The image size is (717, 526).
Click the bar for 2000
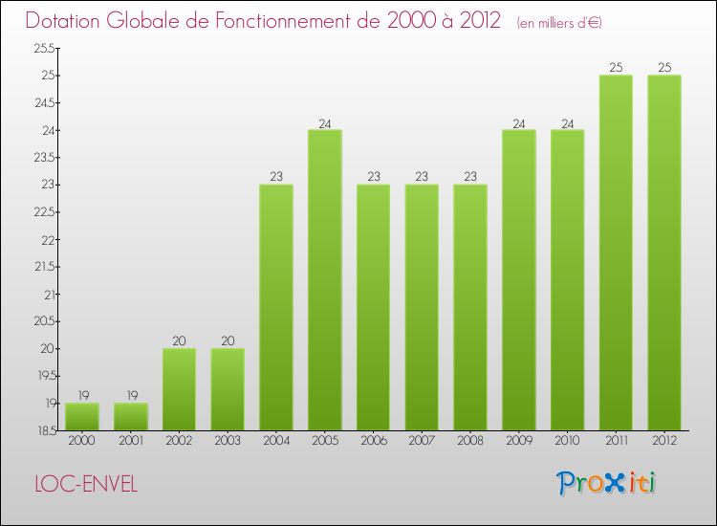click(82, 416)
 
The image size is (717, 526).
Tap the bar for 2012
click(664, 252)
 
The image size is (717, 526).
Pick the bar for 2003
click(228, 389)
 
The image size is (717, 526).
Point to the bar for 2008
click(470, 307)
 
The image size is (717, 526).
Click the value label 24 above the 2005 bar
click(325, 122)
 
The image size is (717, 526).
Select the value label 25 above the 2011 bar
click(616, 67)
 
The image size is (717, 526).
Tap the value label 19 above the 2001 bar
click(131, 395)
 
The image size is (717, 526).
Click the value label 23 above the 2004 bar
click(276, 177)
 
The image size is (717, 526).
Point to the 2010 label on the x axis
click(567, 441)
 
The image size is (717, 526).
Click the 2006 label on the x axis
click(373, 441)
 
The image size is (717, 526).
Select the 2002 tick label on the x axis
click(179, 441)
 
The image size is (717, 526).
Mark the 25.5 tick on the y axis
click(45, 48)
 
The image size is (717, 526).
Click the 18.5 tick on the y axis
click(45, 431)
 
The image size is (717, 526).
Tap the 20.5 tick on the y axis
click(45, 322)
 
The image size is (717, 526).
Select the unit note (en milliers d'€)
click(559, 22)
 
